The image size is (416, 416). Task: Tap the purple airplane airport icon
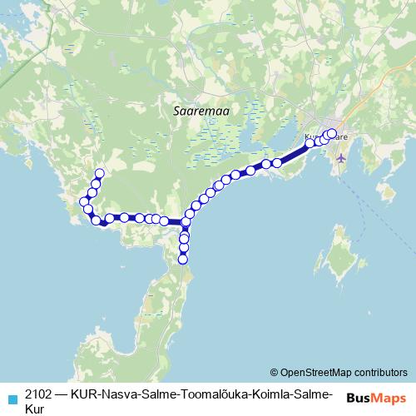coord(341,157)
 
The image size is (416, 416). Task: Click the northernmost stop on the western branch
coord(100,173)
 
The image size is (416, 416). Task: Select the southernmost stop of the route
coord(183,260)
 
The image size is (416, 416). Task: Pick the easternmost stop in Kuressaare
coord(332,133)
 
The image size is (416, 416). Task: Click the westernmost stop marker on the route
coord(83,201)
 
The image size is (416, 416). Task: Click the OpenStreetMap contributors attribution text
coord(344,372)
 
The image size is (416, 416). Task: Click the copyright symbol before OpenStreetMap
coord(274,372)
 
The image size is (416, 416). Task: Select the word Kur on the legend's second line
coord(36,409)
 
